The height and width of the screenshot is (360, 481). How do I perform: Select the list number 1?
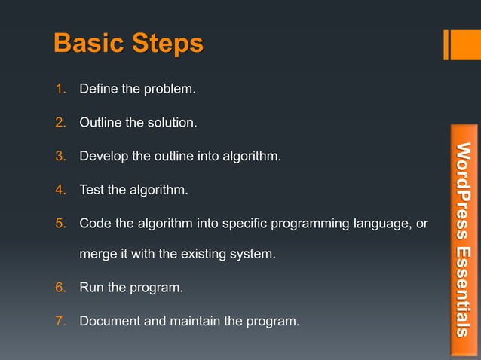[x=61, y=90]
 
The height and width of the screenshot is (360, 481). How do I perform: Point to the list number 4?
[x=61, y=190]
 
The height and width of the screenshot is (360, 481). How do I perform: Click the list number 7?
[x=61, y=322]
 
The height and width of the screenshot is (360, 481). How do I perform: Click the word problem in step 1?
[x=169, y=90]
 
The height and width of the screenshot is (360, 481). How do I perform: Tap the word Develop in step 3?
[x=104, y=157]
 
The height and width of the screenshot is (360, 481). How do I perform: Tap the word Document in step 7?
[x=110, y=322]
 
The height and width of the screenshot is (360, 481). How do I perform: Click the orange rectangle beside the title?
[x=461, y=44]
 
